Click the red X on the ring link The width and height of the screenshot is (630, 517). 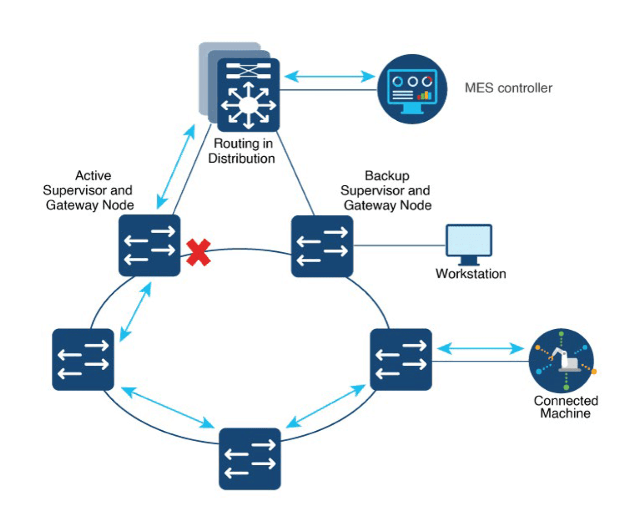coord(198,252)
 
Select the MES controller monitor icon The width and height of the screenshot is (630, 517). coord(412,89)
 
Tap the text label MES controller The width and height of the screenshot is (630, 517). coord(508,88)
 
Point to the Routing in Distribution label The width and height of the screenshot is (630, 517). coord(242,151)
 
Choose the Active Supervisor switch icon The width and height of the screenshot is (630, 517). coord(149,245)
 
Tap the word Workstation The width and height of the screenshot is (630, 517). coord(471,274)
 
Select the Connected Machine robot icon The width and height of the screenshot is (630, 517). coord(561,360)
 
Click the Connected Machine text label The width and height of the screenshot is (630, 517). coord(566,407)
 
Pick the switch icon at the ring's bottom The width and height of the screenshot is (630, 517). coord(250,458)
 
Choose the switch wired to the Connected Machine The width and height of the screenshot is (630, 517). coord(401,359)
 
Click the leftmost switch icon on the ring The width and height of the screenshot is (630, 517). coord(83,359)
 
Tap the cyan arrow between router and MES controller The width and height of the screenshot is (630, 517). coord(329,76)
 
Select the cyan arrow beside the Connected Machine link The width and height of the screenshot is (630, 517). coord(480,349)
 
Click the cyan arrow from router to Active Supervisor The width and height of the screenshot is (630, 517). coord(176,167)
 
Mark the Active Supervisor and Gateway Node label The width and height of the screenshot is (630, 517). coord(89,190)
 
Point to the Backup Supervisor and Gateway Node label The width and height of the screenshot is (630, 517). coord(386,190)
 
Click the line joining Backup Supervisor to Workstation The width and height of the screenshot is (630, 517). coord(399,245)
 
